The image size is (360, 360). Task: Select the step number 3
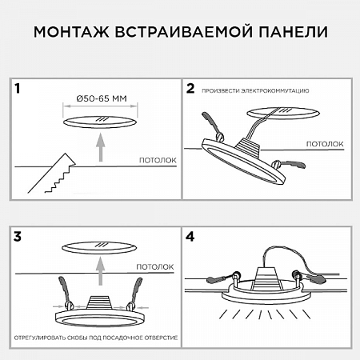tap(18, 237)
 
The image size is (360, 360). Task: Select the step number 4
tap(190, 237)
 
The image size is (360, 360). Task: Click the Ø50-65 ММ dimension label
tap(100, 98)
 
